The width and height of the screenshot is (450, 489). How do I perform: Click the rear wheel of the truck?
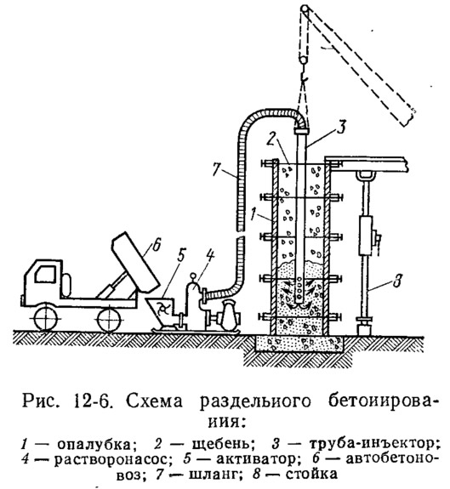pyautogui.click(x=109, y=319)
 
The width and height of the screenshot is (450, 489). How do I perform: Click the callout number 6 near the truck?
pyautogui.click(x=157, y=245)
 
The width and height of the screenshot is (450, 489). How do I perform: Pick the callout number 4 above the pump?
pyautogui.click(x=210, y=256)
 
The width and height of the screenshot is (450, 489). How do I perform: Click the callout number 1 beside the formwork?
pyautogui.click(x=253, y=214)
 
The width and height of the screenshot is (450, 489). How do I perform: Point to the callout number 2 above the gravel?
pyautogui.click(x=271, y=139)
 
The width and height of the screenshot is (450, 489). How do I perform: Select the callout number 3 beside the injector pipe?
pyautogui.click(x=342, y=127)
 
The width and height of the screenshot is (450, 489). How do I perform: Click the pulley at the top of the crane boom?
pyautogui.click(x=305, y=9)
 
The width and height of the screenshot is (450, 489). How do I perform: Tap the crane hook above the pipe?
pyautogui.click(x=304, y=77)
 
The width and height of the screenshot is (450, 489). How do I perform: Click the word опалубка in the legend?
pyautogui.click(x=98, y=445)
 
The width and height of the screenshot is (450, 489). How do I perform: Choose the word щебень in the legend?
pyautogui.click(x=222, y=444)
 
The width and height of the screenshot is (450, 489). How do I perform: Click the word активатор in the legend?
pyautogui.click(x=256, y=459)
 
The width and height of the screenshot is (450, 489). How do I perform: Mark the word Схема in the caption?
pyautogui.click(x=154, y=401)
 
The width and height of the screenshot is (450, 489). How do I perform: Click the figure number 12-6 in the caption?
pyautogui.click(x=94, y=401)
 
